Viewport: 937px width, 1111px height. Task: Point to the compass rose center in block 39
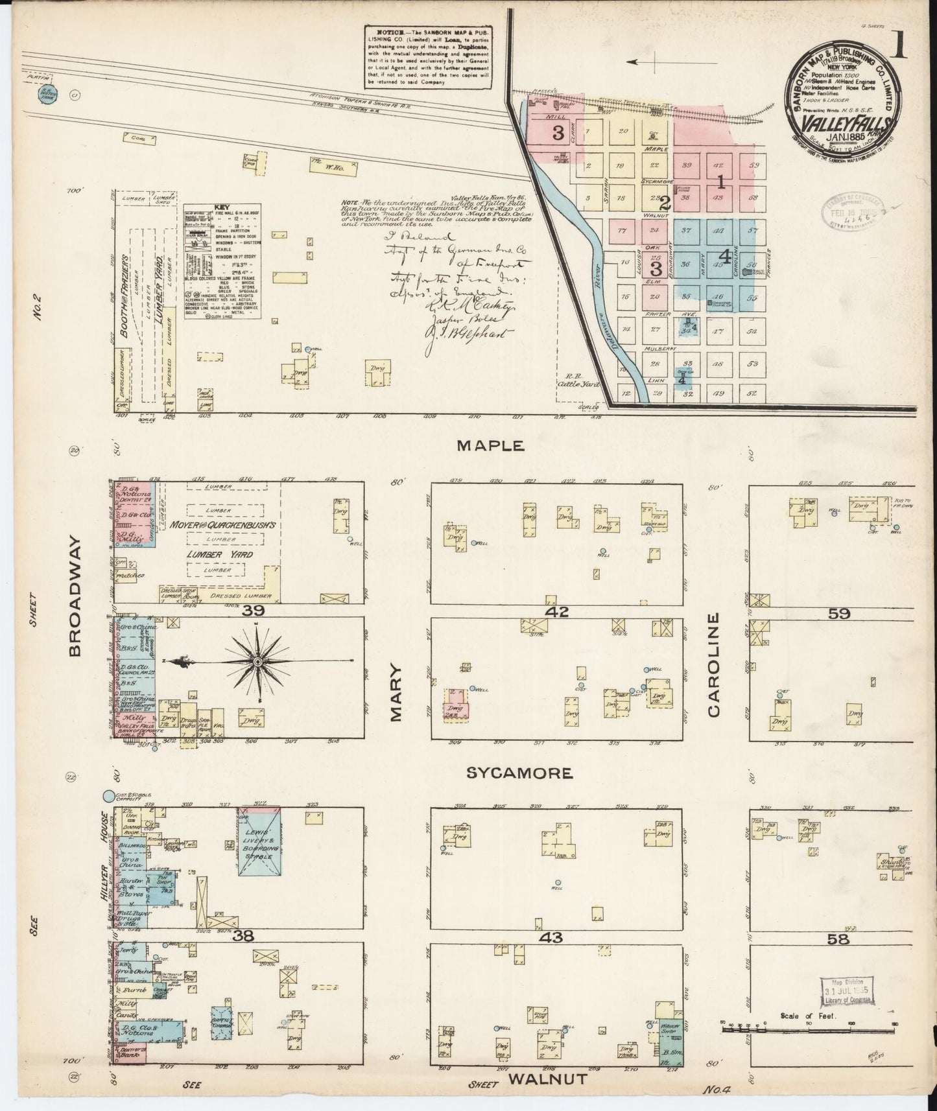pos(257,661)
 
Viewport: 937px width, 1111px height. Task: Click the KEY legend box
pos(222,262)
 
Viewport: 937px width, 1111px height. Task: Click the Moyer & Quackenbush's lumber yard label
pos(224,524)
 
